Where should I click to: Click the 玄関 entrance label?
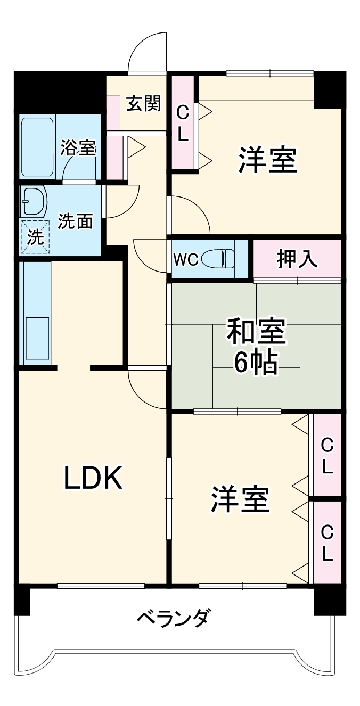coord(143,103)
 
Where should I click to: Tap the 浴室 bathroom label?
coord(78,147)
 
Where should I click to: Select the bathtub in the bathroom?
coord(37,147)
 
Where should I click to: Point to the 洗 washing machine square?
coord(35,237)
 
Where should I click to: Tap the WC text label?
coord(186,260)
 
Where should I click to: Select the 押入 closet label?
coord(297,259)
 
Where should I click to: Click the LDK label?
coord(94,478)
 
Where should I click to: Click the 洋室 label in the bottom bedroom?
coord(240,499)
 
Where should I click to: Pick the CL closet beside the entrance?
coord(183,123)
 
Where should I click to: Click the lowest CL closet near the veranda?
coord(327,543)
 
